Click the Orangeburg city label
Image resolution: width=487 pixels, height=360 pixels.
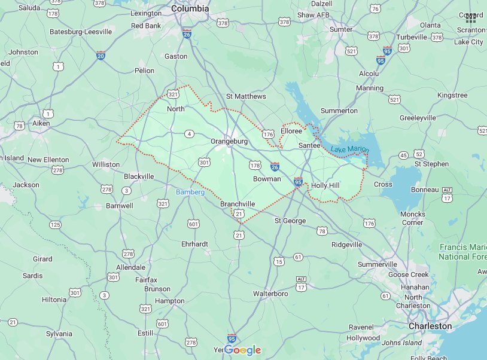229,141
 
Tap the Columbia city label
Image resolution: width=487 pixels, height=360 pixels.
190,9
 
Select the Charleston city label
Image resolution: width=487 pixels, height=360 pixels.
430,326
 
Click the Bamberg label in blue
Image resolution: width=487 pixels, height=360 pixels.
190,192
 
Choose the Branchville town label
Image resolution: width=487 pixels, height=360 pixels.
238,204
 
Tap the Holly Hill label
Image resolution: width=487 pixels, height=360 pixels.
325,185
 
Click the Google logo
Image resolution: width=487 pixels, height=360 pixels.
243,350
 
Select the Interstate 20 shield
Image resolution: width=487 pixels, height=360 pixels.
101,56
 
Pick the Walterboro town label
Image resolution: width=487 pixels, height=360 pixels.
272,294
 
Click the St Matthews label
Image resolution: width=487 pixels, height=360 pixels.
246,96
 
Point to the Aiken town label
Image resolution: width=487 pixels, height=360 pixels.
41,123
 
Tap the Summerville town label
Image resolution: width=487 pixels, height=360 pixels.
378,264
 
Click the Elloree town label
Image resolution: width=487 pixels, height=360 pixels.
291,131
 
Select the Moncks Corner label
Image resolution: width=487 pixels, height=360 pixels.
413,218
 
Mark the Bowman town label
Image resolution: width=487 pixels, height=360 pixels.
267,179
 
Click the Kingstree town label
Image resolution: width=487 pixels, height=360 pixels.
452,95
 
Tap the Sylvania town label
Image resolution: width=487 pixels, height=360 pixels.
59,334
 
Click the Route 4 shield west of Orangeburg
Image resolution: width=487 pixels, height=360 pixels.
189,133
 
